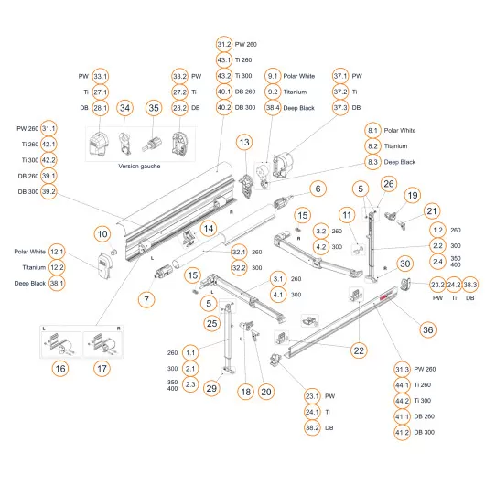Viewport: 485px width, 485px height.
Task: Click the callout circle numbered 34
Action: click(126, 109)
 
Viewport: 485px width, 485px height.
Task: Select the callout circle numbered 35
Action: click(154, 109)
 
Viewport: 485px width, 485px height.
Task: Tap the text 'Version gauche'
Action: click(145, 167)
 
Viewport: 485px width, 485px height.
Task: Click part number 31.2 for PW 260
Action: click(223, 45)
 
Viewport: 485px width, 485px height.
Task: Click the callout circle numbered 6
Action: click(318, 189)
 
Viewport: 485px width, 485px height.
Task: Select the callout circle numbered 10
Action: click(102, 233)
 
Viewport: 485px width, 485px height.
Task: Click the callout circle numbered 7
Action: click(144, 298)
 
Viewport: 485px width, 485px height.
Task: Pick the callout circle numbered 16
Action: click(59, 368)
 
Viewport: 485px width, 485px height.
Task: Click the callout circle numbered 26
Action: click(388, 185)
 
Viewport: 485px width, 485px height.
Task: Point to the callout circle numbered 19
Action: click(412, 195)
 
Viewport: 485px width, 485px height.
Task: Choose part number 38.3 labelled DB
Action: click(471, 285)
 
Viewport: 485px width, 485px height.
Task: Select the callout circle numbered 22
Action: click(359, 350)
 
